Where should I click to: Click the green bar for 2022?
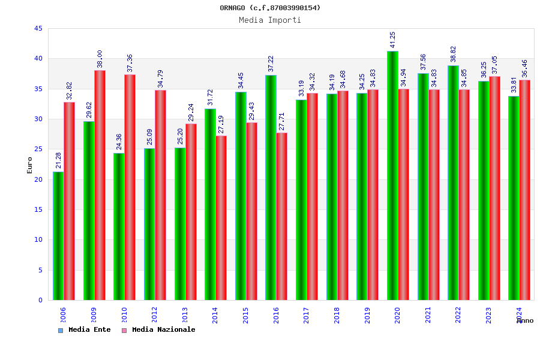[453, 182]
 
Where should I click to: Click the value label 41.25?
[393, 40]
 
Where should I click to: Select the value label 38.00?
[100, 59]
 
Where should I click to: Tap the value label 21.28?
[58, 160]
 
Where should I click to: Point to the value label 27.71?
[282, 121]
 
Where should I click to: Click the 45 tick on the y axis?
[38, 29]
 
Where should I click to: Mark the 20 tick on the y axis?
[38, 179]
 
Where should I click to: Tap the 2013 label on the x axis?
[185, 315]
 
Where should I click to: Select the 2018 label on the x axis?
[337, 315]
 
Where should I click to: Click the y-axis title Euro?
[30, 165]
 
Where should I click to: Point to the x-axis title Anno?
[525, 320]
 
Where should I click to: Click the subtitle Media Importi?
[270, 20]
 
